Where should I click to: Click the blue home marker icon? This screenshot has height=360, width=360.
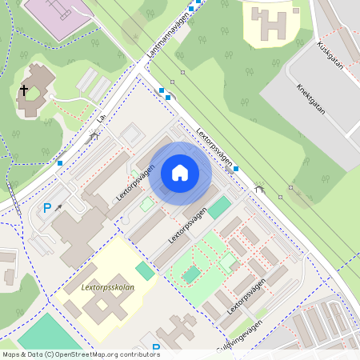[x=180, y=172]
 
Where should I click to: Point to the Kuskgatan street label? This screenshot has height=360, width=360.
[x=330, y=55]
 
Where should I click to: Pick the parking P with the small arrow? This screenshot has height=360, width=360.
[x=47, y=208]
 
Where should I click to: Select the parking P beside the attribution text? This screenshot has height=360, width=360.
[x=156, y=349]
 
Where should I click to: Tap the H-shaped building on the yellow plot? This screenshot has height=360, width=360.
[x=269, y=24]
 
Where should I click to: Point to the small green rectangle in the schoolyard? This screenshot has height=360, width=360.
[x=145, y=270]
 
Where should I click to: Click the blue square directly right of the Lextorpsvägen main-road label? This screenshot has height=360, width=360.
[x=236, y=169]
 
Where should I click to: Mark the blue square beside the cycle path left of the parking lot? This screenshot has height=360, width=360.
[x=59, y=162]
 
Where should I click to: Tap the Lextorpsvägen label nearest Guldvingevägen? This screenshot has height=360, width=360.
[x=244, y=297]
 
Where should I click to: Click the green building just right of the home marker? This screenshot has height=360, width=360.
[x=218, y=208]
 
